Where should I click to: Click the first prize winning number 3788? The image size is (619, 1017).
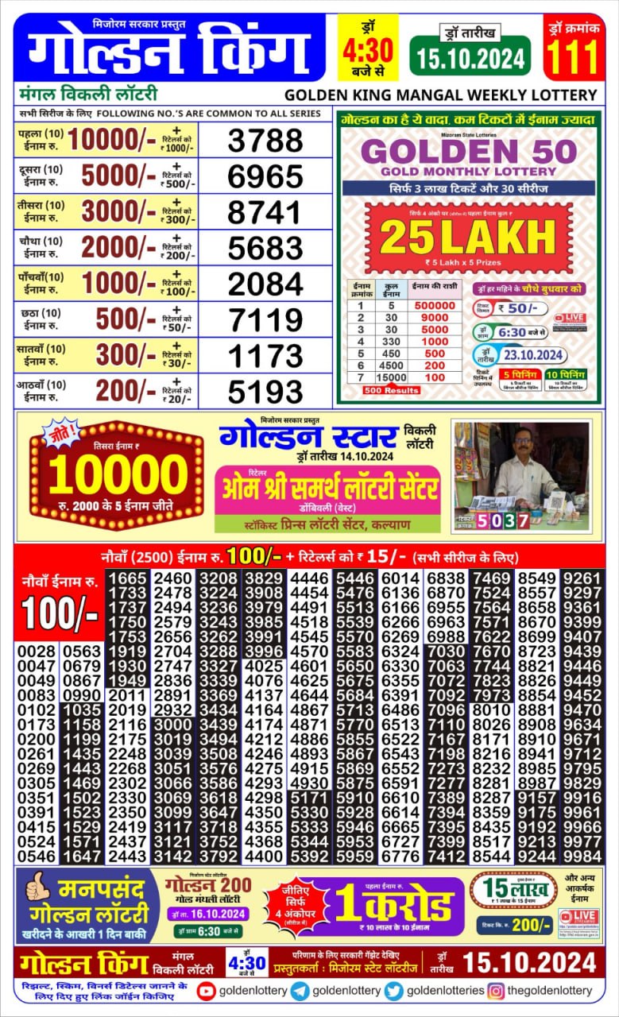265,141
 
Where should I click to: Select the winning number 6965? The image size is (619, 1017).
265,176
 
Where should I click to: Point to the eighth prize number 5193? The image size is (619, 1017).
265,391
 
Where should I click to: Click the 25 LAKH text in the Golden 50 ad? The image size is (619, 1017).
467,237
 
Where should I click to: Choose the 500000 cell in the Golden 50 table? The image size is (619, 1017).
435,305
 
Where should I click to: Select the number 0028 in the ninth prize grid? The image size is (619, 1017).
37,652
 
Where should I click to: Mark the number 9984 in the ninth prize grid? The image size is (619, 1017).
582,856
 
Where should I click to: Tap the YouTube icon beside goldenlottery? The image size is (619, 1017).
206,990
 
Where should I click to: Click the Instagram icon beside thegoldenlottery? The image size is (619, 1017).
496,990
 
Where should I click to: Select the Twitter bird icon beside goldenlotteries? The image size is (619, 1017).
394,990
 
